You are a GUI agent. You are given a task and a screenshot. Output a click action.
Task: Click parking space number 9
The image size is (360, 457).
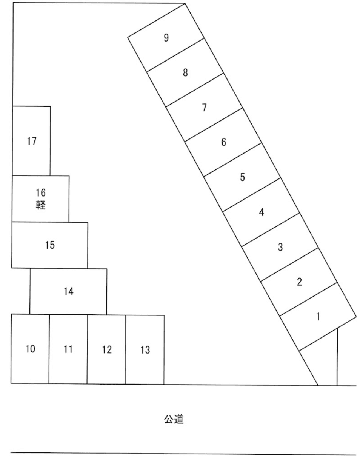pos(166,38)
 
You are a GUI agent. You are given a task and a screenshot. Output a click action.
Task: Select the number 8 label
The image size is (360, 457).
pos(185,72)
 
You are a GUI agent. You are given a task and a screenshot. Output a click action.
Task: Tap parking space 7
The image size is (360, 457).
pos(204,108)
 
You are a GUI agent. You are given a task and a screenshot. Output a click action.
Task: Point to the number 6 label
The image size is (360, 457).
pos(223,142)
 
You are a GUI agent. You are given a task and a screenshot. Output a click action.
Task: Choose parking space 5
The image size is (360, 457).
pos(242,177)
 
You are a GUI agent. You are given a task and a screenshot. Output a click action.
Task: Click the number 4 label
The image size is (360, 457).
pos(262,212)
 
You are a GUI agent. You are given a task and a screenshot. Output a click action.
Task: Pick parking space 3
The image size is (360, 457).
pos(280,247)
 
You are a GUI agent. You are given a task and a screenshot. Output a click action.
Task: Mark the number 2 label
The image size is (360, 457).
pos(299,282)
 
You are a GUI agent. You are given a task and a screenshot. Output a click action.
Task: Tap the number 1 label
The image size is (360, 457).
pos(318,317)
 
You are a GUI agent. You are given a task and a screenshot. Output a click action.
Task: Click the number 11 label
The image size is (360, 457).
pos(68,349)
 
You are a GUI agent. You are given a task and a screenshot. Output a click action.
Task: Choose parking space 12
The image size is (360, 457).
pos(106,349)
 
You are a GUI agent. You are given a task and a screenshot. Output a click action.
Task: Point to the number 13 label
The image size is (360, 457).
pos(145,350)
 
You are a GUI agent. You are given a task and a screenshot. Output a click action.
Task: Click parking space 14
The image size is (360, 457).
pos(68,291)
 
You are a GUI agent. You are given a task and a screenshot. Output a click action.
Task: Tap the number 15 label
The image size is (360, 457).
pos(50,245)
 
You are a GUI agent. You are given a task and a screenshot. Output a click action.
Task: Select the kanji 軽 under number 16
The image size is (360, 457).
pos(41,205)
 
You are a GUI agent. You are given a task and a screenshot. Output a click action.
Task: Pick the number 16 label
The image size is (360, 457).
pos(41,193)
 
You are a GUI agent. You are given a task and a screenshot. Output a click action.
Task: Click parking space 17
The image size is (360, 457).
pos(31,141)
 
